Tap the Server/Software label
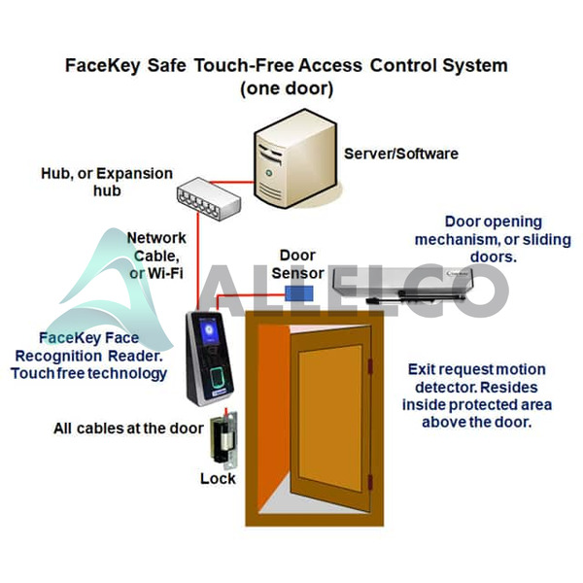[x=400, y=154]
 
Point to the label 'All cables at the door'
[x=121, y=428]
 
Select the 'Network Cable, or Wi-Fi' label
[x=156, y=256]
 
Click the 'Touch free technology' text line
[x=103, y=373]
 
